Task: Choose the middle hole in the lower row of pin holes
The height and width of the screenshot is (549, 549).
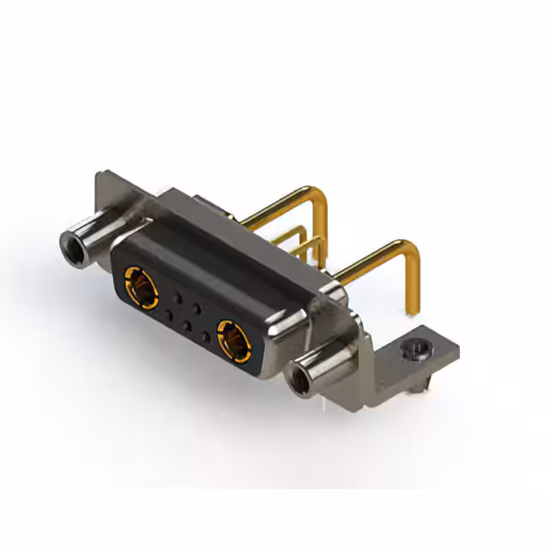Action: [x=186, y=327]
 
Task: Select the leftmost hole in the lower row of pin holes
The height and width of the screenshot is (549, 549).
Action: [x=169, y=317]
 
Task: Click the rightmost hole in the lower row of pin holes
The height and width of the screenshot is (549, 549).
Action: [x=204, y=337]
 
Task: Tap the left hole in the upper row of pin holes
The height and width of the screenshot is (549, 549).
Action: [x=178, y=298]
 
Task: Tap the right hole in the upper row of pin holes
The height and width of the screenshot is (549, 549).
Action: [x=196, y=308]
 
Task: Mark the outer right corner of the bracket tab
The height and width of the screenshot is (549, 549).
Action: [x=458, y=350]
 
